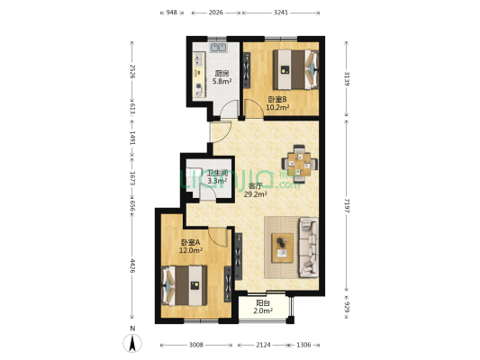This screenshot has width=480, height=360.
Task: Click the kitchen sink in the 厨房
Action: click(218, 48)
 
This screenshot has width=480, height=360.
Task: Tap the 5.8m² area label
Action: click(222, 81)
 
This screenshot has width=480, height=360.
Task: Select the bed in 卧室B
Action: click(295, 69)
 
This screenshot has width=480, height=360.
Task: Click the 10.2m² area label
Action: click(277, 107)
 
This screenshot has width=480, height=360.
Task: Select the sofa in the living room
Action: click(309, 247)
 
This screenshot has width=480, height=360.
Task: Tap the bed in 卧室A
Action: click(184, 285)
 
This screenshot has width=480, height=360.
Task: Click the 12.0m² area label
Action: click(191, 250)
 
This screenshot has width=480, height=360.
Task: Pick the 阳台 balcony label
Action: click(263, 303)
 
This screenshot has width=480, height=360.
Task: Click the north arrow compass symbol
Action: click(132, 343)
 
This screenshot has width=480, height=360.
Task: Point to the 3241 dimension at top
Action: click(281, 13)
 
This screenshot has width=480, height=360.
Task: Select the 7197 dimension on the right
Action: click(347, 205)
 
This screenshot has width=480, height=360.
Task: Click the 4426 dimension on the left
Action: click(132, 265)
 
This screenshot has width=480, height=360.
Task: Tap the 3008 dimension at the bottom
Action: click(195, 345)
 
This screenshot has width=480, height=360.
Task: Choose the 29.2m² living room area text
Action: click(255, 193)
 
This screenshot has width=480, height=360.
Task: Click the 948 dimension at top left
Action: click(171, 13)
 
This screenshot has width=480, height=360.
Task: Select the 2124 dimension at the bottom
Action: click(263, 345)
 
